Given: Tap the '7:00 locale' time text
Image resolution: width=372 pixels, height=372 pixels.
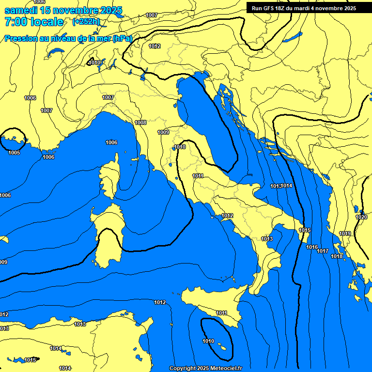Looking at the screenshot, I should pos(34,22).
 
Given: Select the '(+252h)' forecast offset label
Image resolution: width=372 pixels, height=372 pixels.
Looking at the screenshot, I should pos(86,22).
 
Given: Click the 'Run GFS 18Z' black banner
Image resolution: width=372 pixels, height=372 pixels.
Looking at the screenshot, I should pos(304,8).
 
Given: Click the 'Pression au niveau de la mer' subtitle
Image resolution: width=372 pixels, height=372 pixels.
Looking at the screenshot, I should pos(68,38).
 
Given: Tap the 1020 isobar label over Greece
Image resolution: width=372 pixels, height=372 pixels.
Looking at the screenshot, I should pos(361,217).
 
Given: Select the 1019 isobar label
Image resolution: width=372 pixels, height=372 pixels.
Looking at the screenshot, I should pos(345,233).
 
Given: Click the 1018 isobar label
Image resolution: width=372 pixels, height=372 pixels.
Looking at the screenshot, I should pos(337,256).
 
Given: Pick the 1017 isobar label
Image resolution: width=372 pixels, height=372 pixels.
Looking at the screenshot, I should pos(323,251).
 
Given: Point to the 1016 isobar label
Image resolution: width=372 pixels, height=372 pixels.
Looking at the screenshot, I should pos(312,247).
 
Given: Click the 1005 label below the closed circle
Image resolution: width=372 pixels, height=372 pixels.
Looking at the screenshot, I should pos(14,153).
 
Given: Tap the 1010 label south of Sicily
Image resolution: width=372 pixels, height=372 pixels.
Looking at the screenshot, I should pos(208,341).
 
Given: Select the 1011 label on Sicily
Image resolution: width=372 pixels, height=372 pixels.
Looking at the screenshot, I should pos(222,313).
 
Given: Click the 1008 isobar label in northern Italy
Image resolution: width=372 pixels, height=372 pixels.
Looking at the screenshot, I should pos(140,123).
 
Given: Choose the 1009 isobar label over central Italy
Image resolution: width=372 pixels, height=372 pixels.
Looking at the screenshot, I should pos(163,132).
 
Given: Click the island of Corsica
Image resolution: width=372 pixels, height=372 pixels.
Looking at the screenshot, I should pos(108,177).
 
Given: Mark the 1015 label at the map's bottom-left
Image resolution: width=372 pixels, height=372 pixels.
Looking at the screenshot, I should pos(30,360).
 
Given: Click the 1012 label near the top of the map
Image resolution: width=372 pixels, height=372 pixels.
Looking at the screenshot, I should pos(155,46).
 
